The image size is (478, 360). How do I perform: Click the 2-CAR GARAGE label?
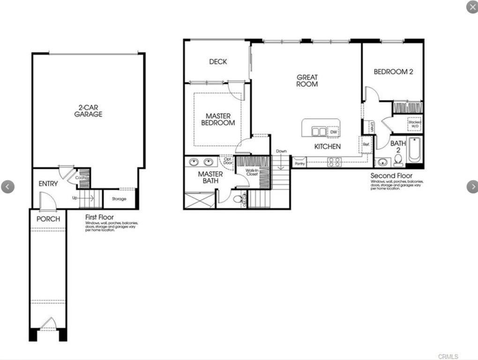pyautogui.click(x=88, y=110)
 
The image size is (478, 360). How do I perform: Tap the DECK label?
pyautogui.click(x=218, y=62)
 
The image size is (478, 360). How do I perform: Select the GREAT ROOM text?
pyautogui.click(x=307, y=81)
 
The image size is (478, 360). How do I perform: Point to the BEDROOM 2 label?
pyautogui.click(x=393, y=72)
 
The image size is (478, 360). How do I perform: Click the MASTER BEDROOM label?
pyautogui.click(x=218, y=119)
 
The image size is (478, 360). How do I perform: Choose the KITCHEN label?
pyautogui.click(x=327, y=147)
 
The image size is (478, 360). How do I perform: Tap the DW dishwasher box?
pyautogui.click(x=333, y=132)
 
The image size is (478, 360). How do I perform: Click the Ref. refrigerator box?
pyautogui.click(x=366, y=145)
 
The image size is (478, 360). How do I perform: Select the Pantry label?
pyautogui.click(x=299, y=162)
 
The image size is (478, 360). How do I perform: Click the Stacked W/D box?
pyautogui.click(x=415, y=124)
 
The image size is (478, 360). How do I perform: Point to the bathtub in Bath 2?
pyautogui.click(x=415, y=150)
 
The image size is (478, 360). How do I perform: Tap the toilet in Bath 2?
pyautogui.click(x=398, y=161)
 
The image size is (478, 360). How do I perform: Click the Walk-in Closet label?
pyautogui.click(x=252, y=172)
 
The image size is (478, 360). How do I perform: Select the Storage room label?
pyautogui.click(x=119, y=199)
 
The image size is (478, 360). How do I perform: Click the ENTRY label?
pyautogui.click(x=48, y=184)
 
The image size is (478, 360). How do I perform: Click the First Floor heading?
pyautogui.click(x=100, y=217)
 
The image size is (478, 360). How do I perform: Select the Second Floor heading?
pyautogui.click(x=391, y=176)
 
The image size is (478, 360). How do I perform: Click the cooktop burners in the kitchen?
pyautogui.click(x=334, y=162)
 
